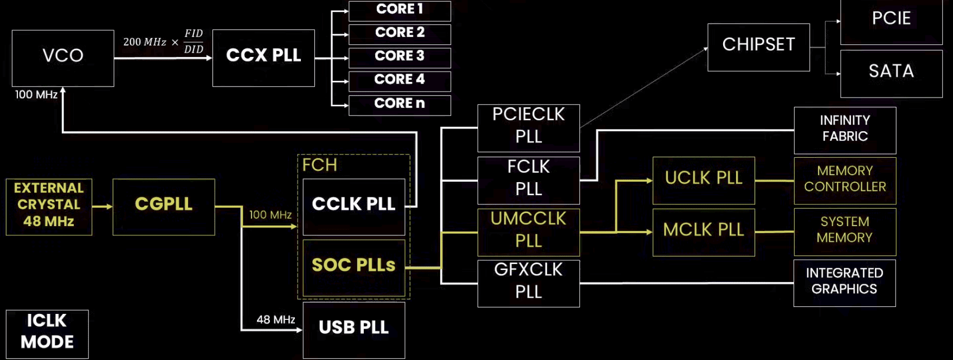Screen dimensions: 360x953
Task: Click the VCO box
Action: pos(63,58)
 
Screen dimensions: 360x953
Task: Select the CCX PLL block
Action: pos(263,57)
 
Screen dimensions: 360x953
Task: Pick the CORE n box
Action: pos(400,105)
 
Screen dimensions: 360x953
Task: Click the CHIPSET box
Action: pos(758,47)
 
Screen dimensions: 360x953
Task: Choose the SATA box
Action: pos(891,73)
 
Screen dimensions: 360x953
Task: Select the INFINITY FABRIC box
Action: pos(845,130)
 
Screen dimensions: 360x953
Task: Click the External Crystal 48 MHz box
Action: pos(49,207)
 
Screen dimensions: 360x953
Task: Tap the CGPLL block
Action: pos(164,207)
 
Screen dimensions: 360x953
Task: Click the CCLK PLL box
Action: pos(353,207)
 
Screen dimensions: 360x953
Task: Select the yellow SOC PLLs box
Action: pos(353,267)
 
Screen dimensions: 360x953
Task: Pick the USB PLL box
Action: pos(353,330)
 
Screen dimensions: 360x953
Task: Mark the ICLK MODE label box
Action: pos(47,333)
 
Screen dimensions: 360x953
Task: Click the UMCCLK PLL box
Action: pos(529,232)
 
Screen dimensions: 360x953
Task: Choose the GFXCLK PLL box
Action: pos(529,283)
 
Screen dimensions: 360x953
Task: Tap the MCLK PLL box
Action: pos(704,232)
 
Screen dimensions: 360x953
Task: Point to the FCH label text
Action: pos(319,165)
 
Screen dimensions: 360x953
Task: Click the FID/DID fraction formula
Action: pos(194,42)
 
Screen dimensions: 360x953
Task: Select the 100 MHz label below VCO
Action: pos(36,95)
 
